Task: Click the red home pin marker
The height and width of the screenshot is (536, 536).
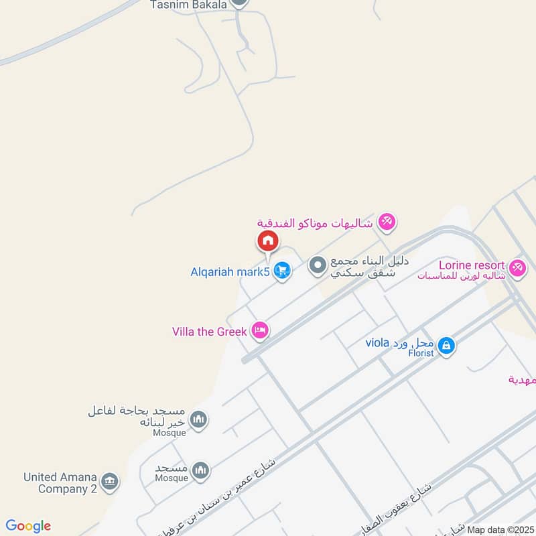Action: pos(267,240)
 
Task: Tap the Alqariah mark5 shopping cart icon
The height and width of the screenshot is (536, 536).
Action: pos(283,271)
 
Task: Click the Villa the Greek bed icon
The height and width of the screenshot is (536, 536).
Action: pos(260,330)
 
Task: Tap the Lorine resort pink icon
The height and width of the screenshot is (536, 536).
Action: pos(516,267)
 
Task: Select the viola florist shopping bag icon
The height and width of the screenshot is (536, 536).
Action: pos(447,346)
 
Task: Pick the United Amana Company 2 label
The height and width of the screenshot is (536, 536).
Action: pos(60,482)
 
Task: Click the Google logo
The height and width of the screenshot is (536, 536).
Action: pos(28,526)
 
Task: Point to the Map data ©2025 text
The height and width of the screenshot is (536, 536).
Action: pos(500,529)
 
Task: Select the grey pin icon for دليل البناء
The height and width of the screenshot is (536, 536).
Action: pos(316,266)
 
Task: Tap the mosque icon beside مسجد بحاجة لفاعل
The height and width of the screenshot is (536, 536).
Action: pos(198,421)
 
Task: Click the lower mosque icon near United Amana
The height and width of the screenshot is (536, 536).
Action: pos(200,471)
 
